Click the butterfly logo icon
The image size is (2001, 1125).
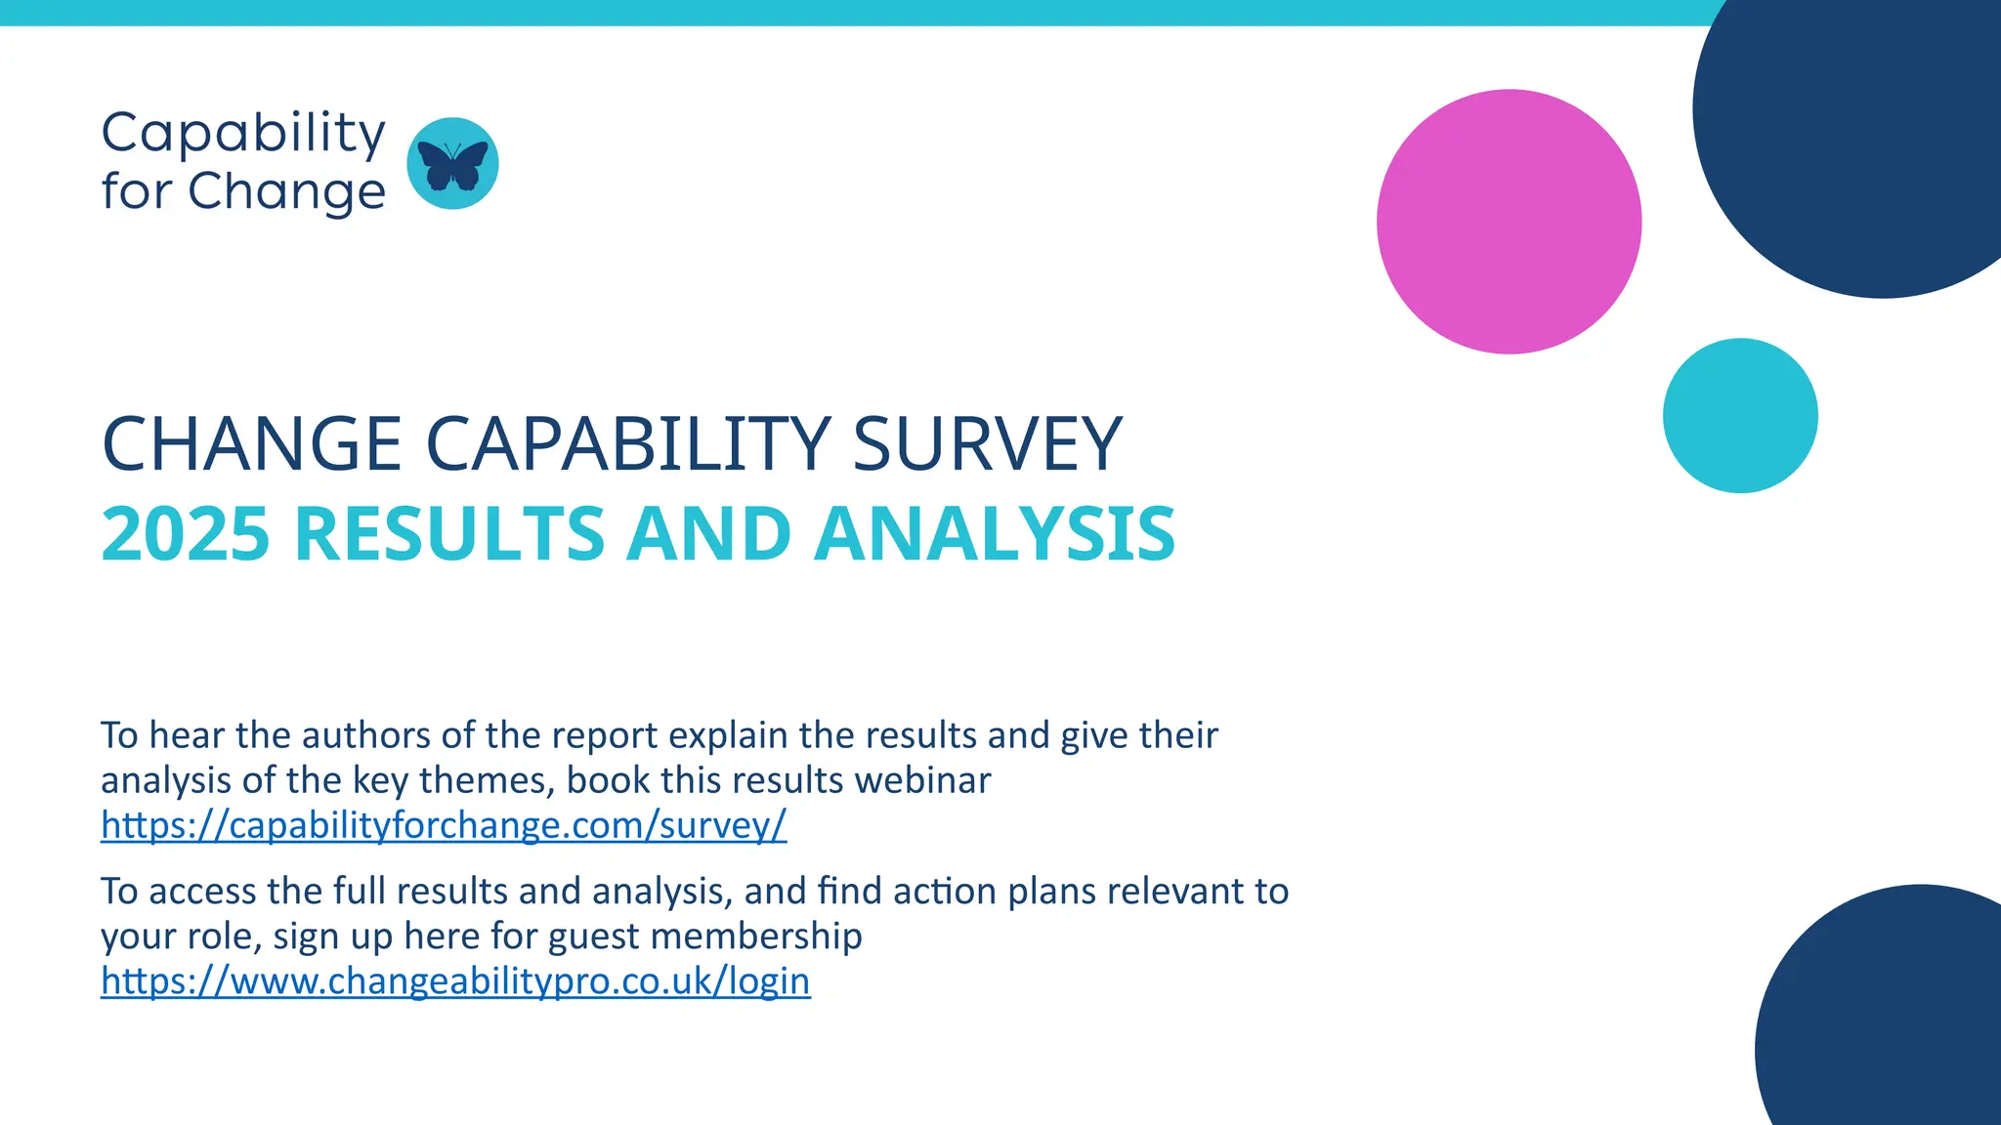point(452,164)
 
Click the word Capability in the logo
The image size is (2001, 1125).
point(243,133)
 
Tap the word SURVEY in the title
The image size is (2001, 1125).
point(987,444)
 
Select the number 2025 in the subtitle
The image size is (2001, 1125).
point(186,534)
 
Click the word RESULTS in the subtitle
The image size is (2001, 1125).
point(449,534)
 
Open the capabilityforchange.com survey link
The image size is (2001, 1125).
point(444,825)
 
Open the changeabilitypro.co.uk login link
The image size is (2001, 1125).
point(455,980)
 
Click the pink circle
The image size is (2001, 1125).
point(1509,222)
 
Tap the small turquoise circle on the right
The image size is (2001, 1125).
point(1740,416)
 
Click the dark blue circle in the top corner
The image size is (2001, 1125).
point(1856,137)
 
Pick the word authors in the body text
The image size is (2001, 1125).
point(371,735)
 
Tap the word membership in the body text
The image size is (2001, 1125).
point(756,937)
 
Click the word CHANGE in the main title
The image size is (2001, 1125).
point(251,444)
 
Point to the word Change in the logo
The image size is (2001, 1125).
point(286,191)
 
